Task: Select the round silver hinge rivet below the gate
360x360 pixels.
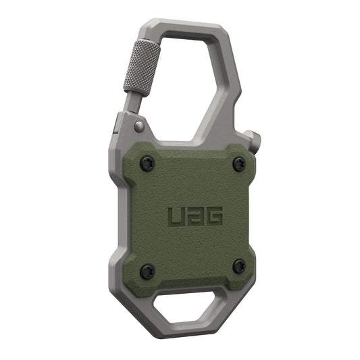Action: tap(138, 126)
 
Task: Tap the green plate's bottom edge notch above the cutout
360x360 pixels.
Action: tap(192, 286)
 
